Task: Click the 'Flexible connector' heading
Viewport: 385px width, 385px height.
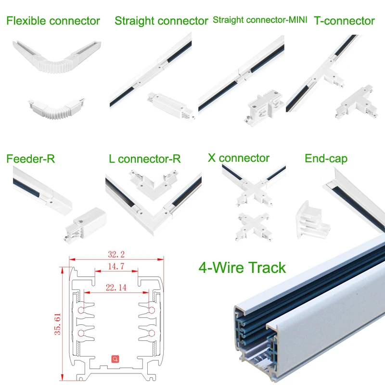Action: pos(53,21)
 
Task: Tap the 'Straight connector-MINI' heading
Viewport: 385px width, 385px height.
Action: pos(260,20)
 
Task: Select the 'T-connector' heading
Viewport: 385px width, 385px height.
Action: pos(344,21)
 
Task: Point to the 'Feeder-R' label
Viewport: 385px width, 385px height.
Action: pos(31,159)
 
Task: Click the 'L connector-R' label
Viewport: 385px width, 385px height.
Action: pos(145,159)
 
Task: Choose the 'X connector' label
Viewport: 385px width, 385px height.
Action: pos(239,158)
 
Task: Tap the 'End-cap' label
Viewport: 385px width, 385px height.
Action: pos(326,159)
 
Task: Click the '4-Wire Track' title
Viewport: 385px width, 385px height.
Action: pos(242,268)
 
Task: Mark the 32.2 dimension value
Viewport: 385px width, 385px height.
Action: pos(116,254)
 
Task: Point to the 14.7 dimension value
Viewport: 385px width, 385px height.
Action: pos(116,267)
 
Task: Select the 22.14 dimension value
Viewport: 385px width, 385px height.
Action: pos(116,287)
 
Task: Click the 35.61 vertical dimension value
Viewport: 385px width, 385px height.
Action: pos(57,324)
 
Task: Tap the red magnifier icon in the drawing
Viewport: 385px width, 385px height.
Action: pos(115,359)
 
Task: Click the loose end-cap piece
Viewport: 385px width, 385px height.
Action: pos(312,220)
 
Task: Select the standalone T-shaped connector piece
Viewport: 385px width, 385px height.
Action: pos(357,103)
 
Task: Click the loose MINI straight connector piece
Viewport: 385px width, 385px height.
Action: pos(263,107)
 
